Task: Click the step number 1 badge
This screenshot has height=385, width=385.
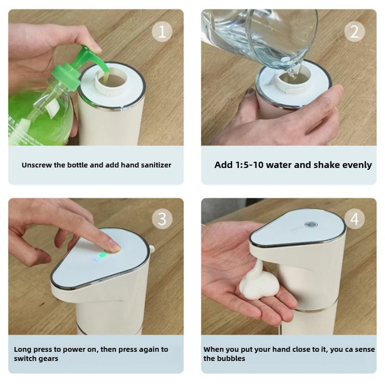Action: tap(162, 32)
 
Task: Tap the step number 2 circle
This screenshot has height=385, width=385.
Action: tap(354, 32)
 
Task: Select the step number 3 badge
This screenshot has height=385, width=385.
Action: tap(162, 219)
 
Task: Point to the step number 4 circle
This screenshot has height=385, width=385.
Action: tap(354, 219)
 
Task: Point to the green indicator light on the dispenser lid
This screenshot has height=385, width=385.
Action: tap(102, 255)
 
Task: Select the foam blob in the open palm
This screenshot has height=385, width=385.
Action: tap(257, 284)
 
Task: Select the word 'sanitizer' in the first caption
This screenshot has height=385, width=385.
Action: tap(154, 165)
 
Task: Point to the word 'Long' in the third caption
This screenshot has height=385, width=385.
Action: tap(22, 349)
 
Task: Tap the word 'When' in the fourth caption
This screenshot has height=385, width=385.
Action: tap(213, 349)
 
